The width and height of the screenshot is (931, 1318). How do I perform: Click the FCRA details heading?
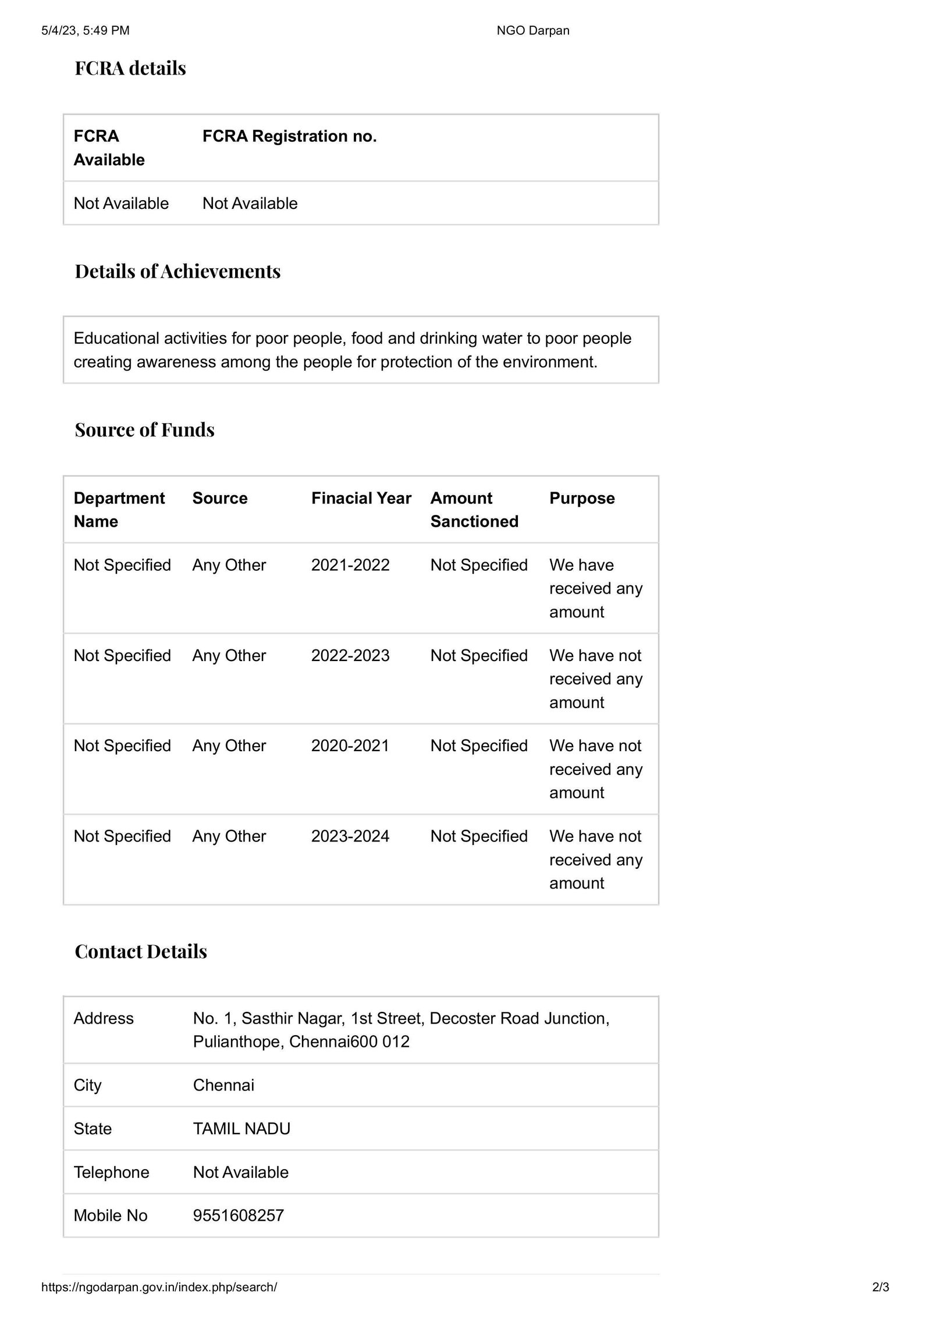130,68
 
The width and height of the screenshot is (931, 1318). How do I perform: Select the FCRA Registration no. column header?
289,136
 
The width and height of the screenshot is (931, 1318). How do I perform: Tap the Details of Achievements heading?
177,271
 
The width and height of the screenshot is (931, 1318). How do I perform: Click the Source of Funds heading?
144,429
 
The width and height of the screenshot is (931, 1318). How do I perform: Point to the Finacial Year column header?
361,498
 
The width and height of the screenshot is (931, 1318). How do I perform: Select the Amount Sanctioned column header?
474,510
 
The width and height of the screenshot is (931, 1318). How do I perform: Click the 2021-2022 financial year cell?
350,565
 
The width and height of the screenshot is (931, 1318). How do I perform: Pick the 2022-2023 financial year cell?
350,655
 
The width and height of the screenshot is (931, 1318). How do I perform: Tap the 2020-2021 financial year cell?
350,745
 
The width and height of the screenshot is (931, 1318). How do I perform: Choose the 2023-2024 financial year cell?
350,836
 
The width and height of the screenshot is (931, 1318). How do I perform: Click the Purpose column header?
582,498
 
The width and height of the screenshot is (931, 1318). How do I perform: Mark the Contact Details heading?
141,951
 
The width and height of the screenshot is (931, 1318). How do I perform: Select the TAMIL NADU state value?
241,1128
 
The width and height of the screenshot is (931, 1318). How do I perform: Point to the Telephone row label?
111,1172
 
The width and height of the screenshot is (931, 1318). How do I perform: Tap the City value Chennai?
223,1085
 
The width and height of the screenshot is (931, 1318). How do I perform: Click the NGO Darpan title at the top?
532,30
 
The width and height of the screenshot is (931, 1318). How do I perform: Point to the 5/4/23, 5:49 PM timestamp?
86,30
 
